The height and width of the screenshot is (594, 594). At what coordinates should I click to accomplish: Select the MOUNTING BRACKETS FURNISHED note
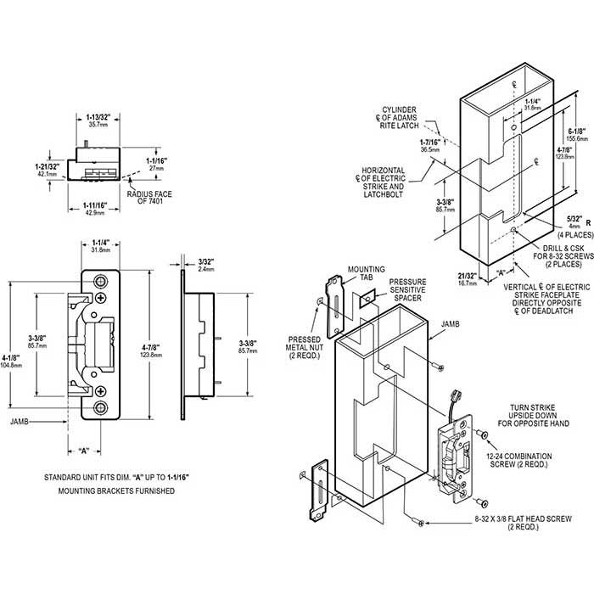(116, 491)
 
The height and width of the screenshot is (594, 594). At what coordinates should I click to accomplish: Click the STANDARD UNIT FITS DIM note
(116, 479)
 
